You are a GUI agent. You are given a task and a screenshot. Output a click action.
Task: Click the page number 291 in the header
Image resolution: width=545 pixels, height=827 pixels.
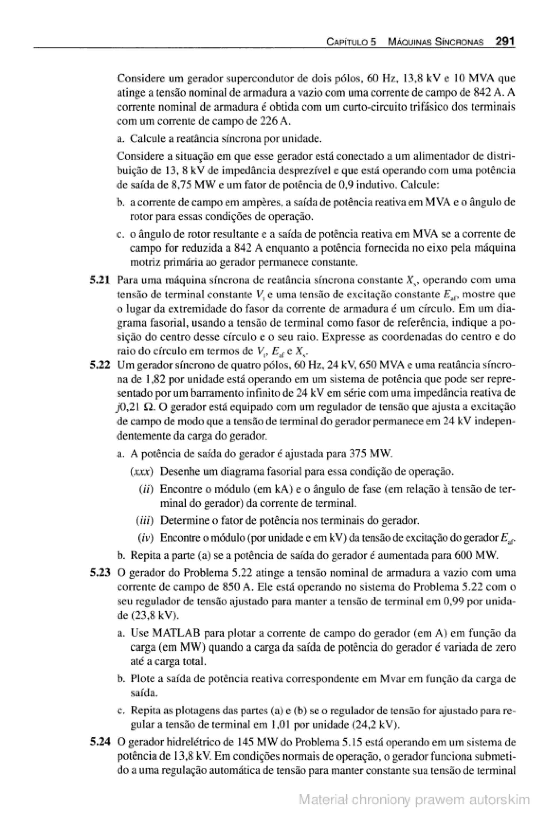[x=505, y=42]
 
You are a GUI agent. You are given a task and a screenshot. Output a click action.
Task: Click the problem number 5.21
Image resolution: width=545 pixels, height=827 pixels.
[x=100, y=280]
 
